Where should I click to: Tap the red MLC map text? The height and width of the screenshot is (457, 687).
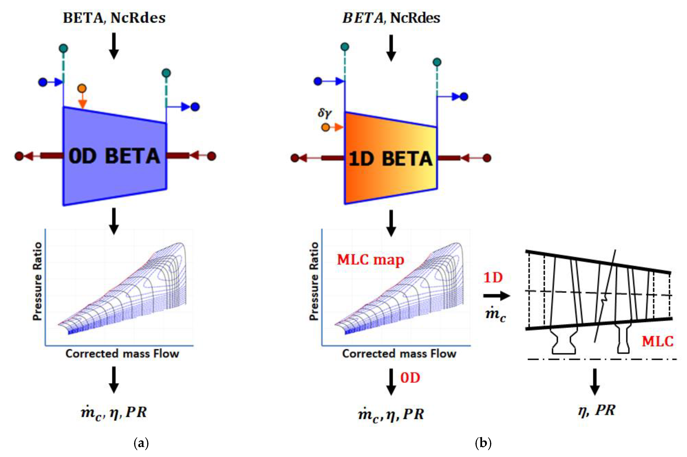tap(370, 259)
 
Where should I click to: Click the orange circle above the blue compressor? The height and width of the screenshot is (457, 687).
tap(82, 88)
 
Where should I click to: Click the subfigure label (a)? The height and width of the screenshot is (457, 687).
tap(141, 443)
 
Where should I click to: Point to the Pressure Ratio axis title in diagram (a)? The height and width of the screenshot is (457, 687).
tap(37, 281)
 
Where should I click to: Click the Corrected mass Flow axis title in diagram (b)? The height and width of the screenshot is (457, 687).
tap(399, 354)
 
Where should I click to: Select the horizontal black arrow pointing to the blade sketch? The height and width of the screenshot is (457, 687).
tap(496, 296)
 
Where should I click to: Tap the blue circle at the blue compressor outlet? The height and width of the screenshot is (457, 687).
tap(195, 107)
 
